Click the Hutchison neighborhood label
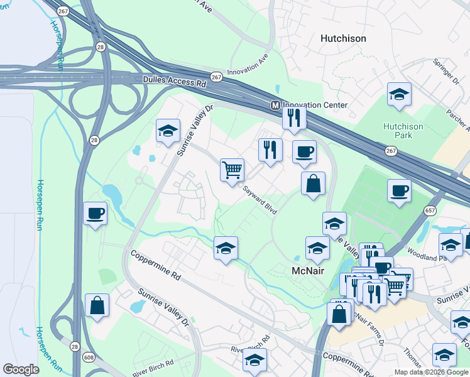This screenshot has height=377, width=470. (343, 38)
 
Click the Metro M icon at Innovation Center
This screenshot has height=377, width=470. (275, 105)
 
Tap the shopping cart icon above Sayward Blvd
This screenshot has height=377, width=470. (232, 168)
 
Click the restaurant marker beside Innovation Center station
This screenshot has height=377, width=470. (293, 117)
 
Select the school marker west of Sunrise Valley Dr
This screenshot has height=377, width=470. (168, 131)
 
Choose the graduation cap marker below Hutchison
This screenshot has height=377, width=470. (399, 94)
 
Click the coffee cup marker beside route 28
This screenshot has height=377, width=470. (96, 213)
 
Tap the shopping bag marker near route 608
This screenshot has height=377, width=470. (97, 305)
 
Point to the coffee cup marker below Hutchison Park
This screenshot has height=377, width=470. (399, 190)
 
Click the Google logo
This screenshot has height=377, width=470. (21, 369)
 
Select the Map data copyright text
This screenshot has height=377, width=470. (431, 372)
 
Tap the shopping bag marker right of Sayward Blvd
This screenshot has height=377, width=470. (313, 183)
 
